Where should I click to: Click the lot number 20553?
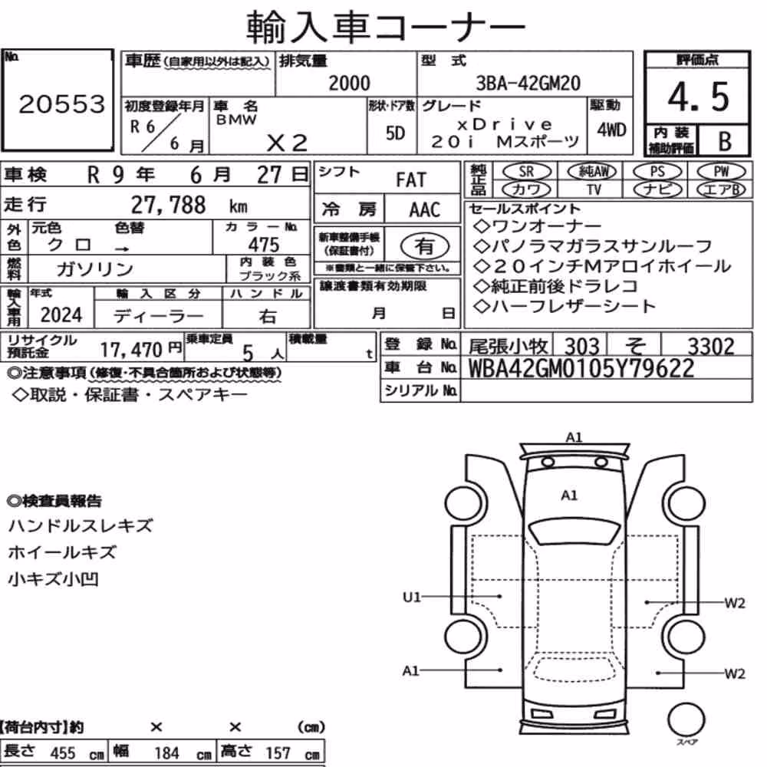pos(62,104)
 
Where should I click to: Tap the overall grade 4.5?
pos(698,97)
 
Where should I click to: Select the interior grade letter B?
pos(725,141)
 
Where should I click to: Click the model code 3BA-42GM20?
pos(528,83)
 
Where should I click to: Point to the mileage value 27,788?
pos(168,205)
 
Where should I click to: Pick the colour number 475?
pos(264,244)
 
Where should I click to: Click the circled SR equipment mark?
pos(527,172)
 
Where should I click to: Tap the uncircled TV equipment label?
pos(594,189)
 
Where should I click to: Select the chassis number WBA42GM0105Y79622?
pos(581,368)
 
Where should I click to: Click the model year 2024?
pos(61,315)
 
